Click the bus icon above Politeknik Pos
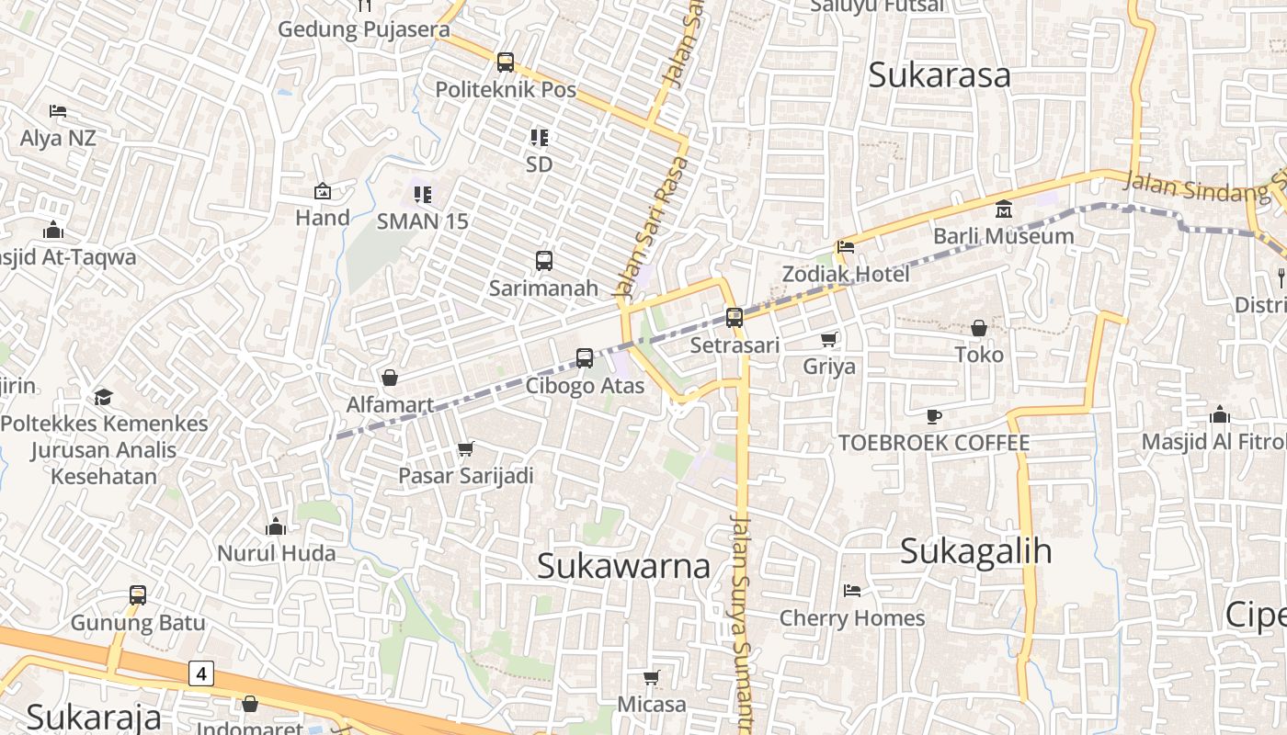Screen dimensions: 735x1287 point(505,62)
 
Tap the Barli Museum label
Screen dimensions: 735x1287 point(1003,236)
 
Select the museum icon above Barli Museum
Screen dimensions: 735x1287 point(1003,209)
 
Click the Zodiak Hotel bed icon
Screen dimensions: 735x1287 point(845,247)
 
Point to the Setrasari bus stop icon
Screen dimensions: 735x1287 point(734,318)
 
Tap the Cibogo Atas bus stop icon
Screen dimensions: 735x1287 point(585,358)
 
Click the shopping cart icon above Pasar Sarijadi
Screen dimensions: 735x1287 point(465,449)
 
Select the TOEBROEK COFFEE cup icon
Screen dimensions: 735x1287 point(934,416)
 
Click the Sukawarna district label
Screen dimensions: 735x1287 point(623,566)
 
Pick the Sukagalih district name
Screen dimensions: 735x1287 point(975,551)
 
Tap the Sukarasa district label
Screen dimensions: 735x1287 point(939,75)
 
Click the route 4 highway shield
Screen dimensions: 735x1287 point(201,673)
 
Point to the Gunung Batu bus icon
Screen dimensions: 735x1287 point(138,595)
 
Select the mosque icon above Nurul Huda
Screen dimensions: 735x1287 point(275,526)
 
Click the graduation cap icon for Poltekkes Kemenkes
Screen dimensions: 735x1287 point(103,397)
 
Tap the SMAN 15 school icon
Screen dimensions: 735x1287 point(422,195)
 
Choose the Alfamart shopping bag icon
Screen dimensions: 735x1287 point(390,378)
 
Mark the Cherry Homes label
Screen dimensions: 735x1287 point(851,618)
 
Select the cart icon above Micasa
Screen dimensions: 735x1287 point(651,678)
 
